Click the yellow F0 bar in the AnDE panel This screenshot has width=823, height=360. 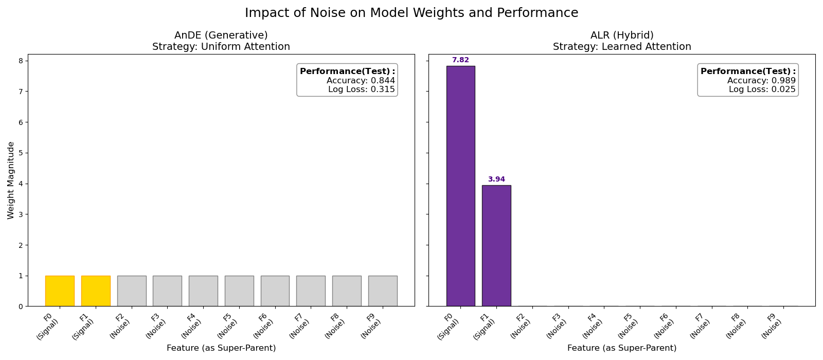click(x=60, y=291)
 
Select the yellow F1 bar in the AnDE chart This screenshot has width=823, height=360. click(x=96, y=291)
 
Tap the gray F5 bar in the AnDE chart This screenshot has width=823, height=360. click(x=239, y=291)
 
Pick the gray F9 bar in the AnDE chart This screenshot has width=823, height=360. click(x=383, y=291)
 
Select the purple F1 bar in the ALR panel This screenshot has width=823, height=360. click(x=496, y=246)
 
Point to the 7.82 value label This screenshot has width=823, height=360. click(x=460, y=60)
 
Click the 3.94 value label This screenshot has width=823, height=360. click(x=496, y=179)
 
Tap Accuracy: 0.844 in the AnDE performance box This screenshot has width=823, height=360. click(x=361, y=81)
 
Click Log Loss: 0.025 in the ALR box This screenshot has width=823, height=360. click(x=762, y=89)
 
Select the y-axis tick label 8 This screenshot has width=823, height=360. click(x=20, y=61)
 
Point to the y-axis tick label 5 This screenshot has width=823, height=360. click(x=20, y=153)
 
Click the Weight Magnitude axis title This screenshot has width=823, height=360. click(x=11, y=181)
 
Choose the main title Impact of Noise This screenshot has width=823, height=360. click(x=411, y=13)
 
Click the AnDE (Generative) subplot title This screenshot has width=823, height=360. click(x=221, y=35)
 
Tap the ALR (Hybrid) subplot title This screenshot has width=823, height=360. click(x=622, y=35)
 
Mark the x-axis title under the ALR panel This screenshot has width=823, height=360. click(x=622, y=348)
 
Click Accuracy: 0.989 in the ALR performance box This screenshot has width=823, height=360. click(x=761, y=81)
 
